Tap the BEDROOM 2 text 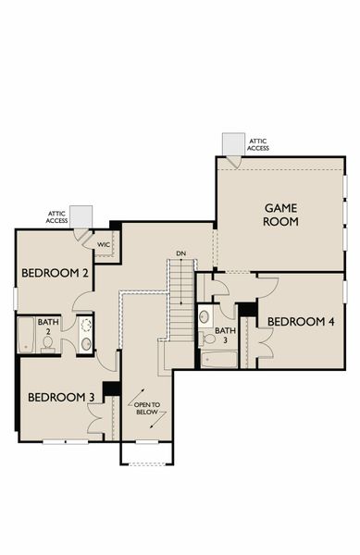(x=56, y=273)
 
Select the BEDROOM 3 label (x=61, y=397)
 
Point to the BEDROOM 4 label (x=301, y=321)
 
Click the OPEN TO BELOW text (x=148, y=410)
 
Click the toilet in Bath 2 (x=47, y=344)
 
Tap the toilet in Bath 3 (x=206, y=339)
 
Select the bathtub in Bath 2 (x=26, y=335)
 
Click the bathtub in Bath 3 (x=220, y=358)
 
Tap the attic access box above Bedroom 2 (x=81, y=216)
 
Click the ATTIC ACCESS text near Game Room (x=258, y=144)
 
